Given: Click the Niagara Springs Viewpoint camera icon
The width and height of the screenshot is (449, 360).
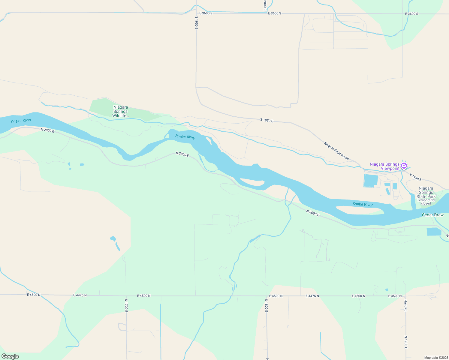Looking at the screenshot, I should tap(404, 166).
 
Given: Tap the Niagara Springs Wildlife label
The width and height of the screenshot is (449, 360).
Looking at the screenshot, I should tap(120, 111).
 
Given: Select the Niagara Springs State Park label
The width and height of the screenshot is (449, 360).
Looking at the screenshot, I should tap(426, 192).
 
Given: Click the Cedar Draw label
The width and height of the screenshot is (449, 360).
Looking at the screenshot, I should tap(432, 215).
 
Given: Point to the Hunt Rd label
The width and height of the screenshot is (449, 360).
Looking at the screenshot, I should tap(405, 305).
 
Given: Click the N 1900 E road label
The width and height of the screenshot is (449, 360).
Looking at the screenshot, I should tap(405, 342).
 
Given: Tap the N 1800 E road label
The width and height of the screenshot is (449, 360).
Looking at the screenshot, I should tap(266, 305).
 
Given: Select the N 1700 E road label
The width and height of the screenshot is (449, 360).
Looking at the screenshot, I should tap(126, 305).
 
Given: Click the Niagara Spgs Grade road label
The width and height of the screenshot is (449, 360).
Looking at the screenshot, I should tap(336, 151).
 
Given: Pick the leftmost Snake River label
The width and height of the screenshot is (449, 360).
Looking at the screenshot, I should tap(21, 121).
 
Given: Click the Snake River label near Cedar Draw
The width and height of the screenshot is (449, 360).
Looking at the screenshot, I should tap(362, 204).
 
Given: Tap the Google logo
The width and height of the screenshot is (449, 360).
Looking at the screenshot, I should tap(10, 356).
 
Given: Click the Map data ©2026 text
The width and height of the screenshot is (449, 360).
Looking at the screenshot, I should tap(436, 358).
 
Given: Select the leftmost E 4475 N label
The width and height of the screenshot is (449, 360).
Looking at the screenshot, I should tap(80, 295).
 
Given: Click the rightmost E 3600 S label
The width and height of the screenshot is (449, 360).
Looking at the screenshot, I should tap(411, 14).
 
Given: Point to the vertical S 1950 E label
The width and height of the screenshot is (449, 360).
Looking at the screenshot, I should tap(196, 22).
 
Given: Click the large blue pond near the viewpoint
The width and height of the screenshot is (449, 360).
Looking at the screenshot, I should tap(371, 181).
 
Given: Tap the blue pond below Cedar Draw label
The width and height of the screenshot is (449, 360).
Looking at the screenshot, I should tap(433, 231).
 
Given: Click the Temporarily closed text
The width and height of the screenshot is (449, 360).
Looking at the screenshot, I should tap(426, 202).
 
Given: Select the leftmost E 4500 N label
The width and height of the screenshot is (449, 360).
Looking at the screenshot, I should tap(34, 295).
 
